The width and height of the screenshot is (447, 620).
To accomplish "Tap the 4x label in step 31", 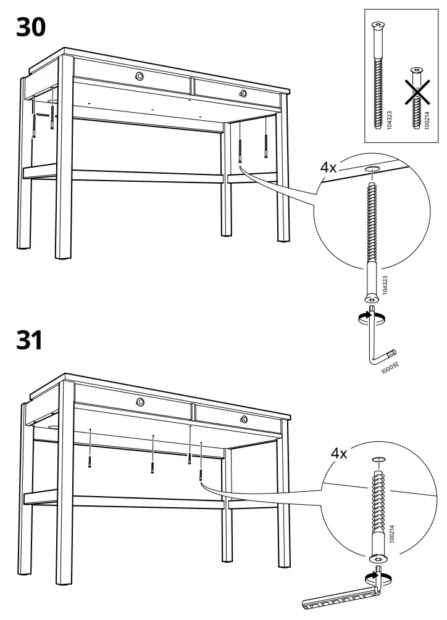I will click(x=339, y=454).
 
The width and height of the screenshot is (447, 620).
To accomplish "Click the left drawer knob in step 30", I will click(x=140, y=76).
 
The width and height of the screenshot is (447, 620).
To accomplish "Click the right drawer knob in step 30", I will click(x=243, y=94).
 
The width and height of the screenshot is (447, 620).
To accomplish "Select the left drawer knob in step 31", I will click(x=141, y=402).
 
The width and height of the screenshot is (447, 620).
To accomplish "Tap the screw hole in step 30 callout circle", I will click(x=372, y=168).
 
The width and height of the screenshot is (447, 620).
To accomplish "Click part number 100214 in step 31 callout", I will click(x=392, y=532).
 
